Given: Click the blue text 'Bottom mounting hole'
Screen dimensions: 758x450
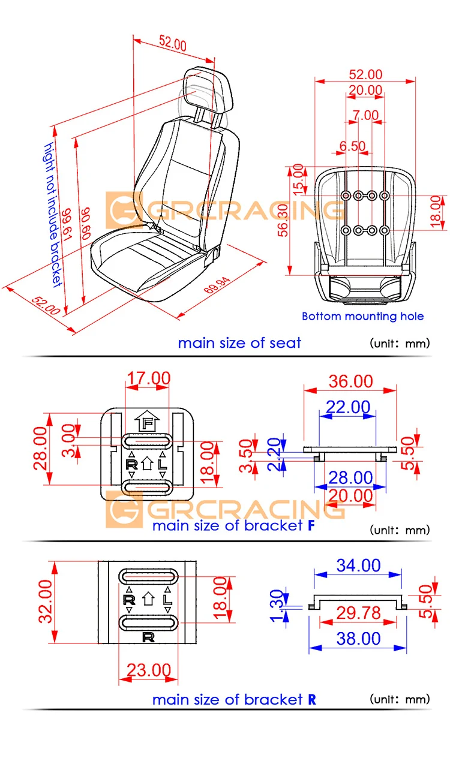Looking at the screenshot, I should click(362, 316).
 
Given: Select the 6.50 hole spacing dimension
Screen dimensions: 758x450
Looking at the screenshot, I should click(352, 146).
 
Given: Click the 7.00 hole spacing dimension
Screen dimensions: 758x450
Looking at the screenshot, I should click(365, 115).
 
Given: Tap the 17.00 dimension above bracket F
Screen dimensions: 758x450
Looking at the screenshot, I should click(148, 378).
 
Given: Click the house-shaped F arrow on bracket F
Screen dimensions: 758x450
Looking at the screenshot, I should click(147, 422).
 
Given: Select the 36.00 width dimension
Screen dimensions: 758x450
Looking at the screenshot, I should click(350, 381).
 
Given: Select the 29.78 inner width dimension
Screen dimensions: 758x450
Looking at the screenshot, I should click(358, 612).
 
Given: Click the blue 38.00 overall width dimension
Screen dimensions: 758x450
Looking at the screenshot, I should click(358, 639).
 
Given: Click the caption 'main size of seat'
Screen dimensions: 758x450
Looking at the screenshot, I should click(239, 343).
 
